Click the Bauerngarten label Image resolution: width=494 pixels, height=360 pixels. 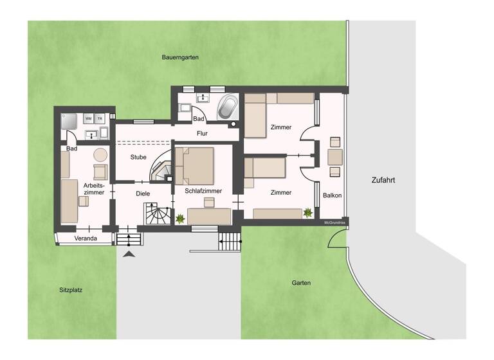(x=179, y=57)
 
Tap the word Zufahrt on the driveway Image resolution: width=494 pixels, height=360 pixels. (x=383, y=181)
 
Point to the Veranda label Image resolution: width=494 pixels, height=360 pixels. (x=85, y=239)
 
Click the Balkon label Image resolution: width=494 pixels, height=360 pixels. (x=332, y=195)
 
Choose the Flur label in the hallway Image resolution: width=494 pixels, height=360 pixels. (x=202, y=134)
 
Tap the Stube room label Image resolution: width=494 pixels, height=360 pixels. (x=138, y=157)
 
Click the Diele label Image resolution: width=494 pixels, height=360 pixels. (x=142, y=193)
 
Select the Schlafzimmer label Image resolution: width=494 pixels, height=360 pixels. (x=203, y=192)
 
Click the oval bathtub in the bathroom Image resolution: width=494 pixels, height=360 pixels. (x=227, y=107)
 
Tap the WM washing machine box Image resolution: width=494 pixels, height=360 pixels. (x=88, y=118)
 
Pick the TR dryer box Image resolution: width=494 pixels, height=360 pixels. (x=100, y=118)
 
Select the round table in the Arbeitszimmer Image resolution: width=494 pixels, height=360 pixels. (x=100, y=154)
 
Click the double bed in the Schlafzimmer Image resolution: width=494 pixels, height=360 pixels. (x=195, y=165)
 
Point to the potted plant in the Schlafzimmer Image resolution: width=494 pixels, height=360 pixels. (x=181, y=219)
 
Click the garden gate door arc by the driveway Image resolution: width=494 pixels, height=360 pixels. (x=337, y=239)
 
